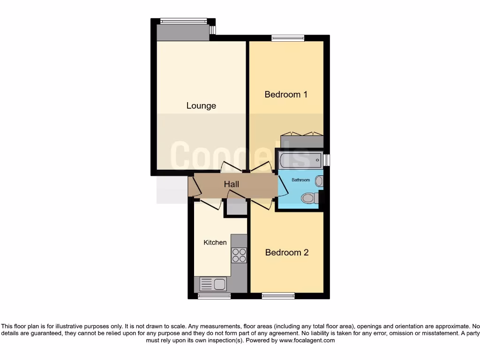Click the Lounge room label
point(201,105)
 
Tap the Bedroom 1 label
point(286,94)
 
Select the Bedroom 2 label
point(286,252)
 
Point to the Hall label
point(232,184)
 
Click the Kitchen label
point(215,242)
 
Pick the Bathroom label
point(300,180)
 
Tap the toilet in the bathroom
point(309,198)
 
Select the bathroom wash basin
point(319,181)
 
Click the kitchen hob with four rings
point(239,255)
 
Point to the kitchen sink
point(213,284)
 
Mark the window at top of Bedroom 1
point(287,38)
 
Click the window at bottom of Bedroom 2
point(278,296)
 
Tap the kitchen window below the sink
point(214,296)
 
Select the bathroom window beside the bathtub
point(327,160)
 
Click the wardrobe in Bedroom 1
point(302,141)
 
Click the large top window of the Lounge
point(183,21)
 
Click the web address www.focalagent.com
point(307,340)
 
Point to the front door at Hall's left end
point(191,187)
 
